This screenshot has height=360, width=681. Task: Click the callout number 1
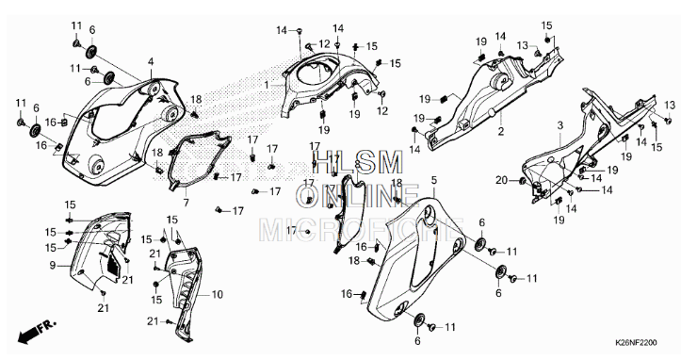267,85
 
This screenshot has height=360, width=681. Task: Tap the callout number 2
501,132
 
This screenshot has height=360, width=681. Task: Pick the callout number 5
433,179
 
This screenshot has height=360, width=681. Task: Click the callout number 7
186,203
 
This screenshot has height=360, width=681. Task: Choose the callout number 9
53,265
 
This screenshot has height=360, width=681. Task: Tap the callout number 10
218,294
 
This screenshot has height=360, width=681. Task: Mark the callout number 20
501,180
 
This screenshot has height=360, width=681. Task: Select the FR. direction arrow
32,332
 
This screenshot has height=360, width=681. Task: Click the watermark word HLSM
345,162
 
